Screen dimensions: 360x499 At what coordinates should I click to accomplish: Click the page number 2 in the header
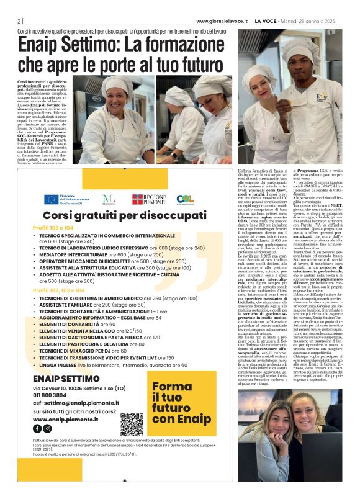point(19,20)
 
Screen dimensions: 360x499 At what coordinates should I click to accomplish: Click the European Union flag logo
point(52,199)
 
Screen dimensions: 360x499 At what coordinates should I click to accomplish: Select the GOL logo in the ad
point(185,199)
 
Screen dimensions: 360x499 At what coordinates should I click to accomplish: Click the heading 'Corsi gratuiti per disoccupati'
point(116,215)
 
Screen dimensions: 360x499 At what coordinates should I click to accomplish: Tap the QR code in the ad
point(132,425)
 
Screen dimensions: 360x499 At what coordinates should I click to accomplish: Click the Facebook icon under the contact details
point(37,428)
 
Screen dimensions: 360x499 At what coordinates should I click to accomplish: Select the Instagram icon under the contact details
point(48,428)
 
